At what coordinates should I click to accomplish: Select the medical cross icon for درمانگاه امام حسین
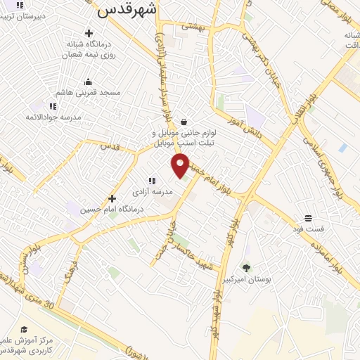click(112, 198)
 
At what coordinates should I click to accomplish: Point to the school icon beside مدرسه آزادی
click(151, 181)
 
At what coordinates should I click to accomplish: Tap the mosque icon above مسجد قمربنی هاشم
click(88, 82)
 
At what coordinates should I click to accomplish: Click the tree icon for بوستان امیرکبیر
click(246, 267)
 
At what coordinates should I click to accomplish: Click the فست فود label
click(309, 229)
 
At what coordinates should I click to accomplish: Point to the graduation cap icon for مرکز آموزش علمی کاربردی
click(25, 329)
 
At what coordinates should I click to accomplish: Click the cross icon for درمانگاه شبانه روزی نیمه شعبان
click(88, 33)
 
